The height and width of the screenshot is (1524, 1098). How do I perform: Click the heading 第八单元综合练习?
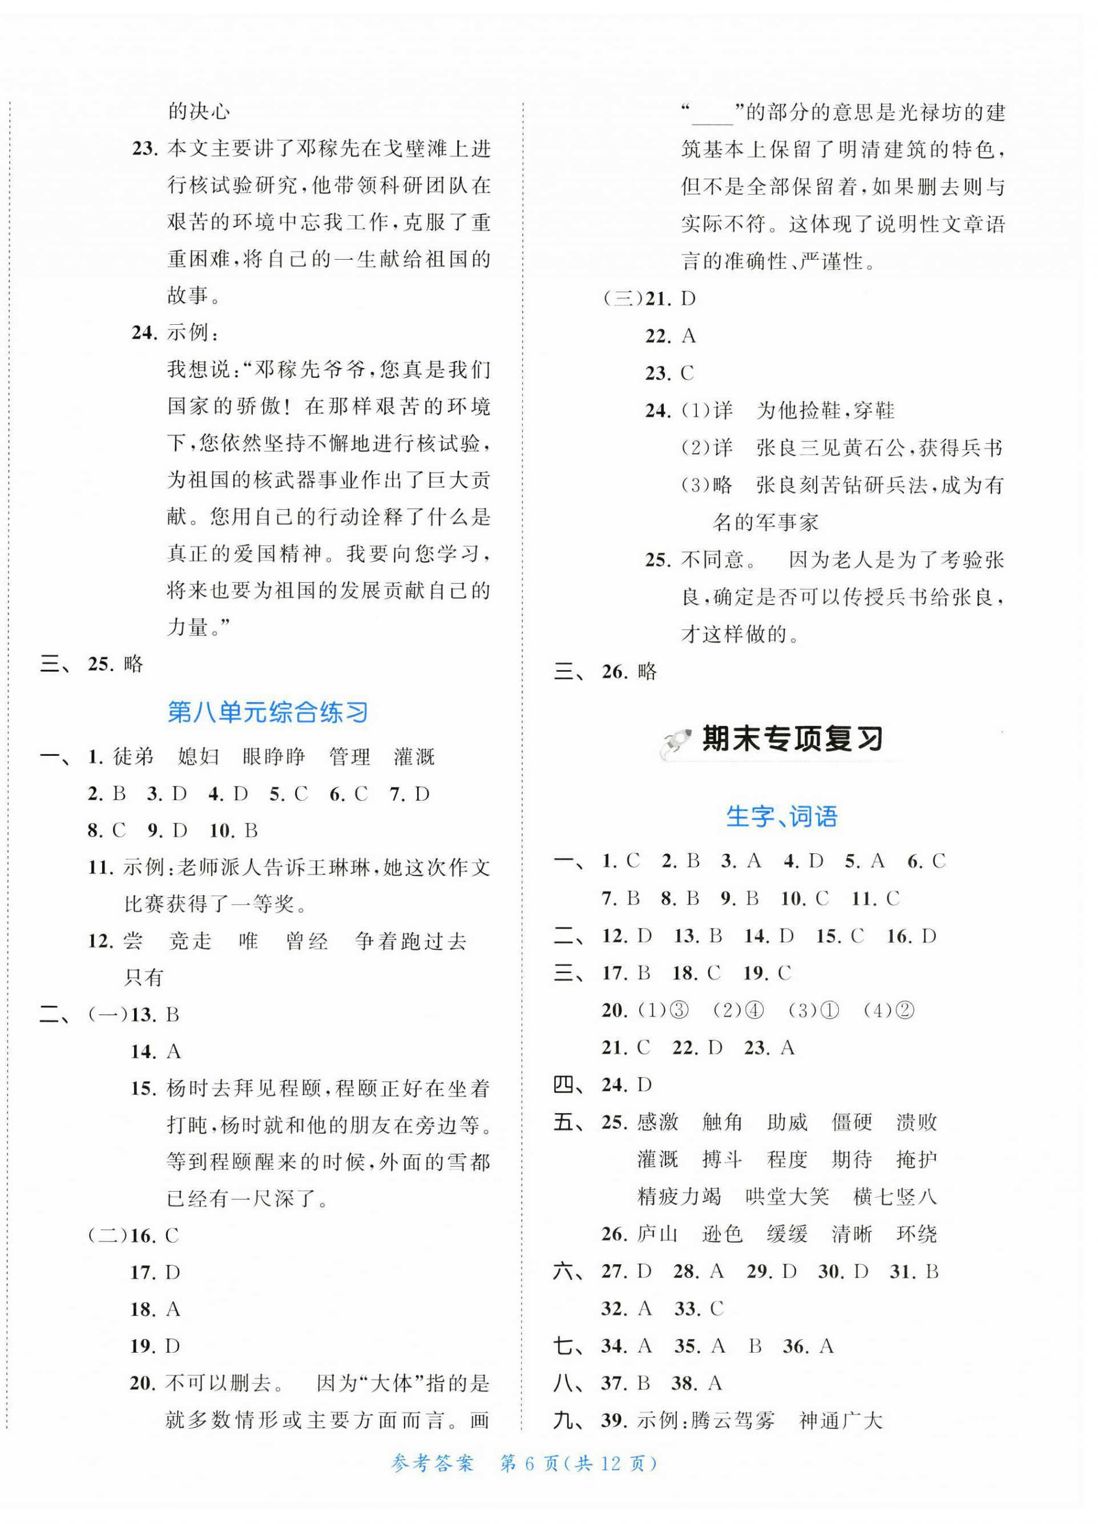click(x=268, y=712)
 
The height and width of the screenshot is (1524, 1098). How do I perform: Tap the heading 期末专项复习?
click(x=792, y=739)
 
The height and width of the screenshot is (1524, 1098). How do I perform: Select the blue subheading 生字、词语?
click(x=781, y=816)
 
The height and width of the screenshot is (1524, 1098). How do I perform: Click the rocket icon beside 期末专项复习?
click(x=677, y=744)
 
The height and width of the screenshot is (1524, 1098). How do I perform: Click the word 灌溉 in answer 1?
click(x=414, y=757)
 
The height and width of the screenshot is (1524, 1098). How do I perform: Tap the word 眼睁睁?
click(x=273, y=757)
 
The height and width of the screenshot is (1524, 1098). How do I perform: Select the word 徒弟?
click(x=133, y=757)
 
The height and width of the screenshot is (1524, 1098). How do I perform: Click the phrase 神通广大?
click(x=840, y=1421)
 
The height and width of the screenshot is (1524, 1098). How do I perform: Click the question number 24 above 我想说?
click(x=144, y=333)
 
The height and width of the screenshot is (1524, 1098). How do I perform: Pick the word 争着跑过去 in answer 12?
click(x=410, y=941)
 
